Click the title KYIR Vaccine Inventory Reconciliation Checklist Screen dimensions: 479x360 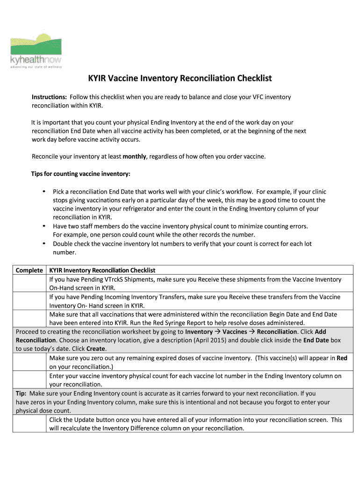pos(180,78)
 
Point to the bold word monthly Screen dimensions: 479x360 pos(134,157)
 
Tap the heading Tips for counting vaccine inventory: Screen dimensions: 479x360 pos(80,174)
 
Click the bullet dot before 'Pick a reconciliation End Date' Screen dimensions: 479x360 pos(43,192)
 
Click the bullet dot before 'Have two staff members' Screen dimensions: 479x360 pos(43,226)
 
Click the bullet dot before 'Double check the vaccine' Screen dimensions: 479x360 pos(43,244)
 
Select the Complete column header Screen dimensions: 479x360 pos(29,270)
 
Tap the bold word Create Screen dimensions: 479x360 pos(96,349)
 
